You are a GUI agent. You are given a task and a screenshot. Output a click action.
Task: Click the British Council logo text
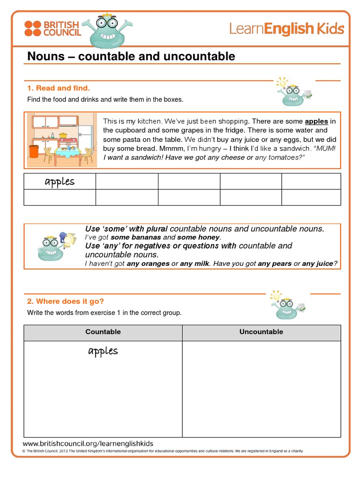coord(62,28)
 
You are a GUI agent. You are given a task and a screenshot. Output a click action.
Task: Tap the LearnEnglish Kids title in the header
coord(286,29)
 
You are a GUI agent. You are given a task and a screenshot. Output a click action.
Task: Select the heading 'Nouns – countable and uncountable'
coord(131,57)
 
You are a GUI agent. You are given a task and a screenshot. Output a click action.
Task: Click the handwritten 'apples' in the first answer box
coord(60,182)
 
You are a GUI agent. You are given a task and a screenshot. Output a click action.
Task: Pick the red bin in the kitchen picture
coord(33,151)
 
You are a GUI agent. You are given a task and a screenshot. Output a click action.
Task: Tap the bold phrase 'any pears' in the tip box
coord(275,264)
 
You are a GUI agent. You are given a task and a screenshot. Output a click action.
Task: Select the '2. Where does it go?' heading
coord(65,301)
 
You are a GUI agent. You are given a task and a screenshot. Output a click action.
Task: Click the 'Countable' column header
coord(103,332)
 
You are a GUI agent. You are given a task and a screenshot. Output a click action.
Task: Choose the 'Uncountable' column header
coord(261,332)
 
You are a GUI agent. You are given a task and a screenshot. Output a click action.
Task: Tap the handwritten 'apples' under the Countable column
coord(103,351)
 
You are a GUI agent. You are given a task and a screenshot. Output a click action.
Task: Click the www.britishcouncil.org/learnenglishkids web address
coord(88,443)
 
